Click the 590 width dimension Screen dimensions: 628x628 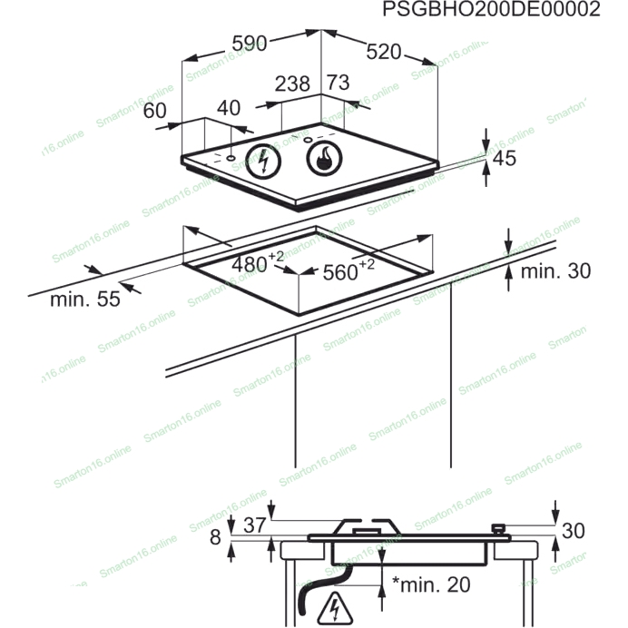(x=249, y=42)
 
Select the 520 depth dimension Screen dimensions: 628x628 (x=383, y=53)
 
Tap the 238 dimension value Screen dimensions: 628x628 (x=291, y=83)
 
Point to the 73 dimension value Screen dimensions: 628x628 (x=338, y=83)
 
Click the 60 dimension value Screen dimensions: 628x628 (x=155, y=111)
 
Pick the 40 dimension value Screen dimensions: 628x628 (x=229, y=108)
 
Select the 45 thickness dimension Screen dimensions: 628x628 (x=504, y=158)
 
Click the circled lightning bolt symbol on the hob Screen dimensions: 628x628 (x=264, y=162)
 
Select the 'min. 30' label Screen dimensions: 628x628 (x=555, y=270)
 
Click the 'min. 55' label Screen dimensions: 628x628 (x=84, y=299)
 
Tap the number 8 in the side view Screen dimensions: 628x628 (x=215, y=537)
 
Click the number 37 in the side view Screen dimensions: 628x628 (x=254, y=524)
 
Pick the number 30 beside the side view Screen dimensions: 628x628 (x=574, y=531)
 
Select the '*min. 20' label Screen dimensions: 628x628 (x=431, y=584)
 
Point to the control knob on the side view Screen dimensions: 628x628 (x=496, y=528)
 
